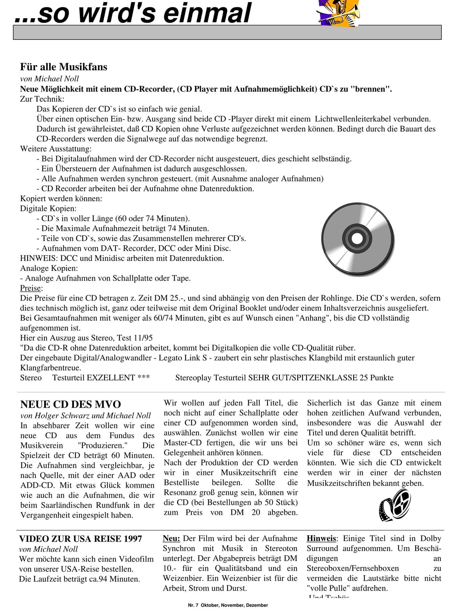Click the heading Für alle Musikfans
point(64,67)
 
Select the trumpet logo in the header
point(338,13)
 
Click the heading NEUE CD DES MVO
point(71,404)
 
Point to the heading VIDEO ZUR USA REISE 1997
point(81,539)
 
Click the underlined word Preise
point(31,288)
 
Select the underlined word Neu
point(171,539)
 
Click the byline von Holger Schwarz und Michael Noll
point(86,416)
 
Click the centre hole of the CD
point(357,238)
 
